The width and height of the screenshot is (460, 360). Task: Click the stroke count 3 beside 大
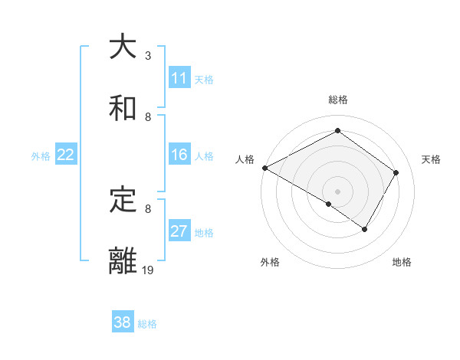(148, 56)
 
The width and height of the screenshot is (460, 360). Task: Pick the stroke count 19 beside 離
(148, 270)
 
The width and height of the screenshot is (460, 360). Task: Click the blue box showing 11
(179, 78)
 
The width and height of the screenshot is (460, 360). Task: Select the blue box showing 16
(179, 155)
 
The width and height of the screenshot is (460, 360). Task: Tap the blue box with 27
(179, 231)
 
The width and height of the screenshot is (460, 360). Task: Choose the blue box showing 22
(66, 155)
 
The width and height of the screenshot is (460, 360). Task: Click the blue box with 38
(123, 322)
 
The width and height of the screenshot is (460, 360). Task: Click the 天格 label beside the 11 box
(204, 79)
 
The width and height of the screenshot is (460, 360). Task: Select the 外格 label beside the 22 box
(41, 155)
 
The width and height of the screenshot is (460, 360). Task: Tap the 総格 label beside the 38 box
(147, 323)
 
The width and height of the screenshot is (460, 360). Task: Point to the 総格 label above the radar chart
(338, 100)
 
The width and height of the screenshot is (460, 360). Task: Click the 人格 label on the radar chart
(245, 159)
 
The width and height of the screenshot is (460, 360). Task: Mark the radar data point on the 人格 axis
(264, 168)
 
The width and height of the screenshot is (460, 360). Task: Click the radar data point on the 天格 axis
(396, 172)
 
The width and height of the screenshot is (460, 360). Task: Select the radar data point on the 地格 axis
(365, 229)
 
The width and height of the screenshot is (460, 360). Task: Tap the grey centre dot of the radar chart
(338, 191)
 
